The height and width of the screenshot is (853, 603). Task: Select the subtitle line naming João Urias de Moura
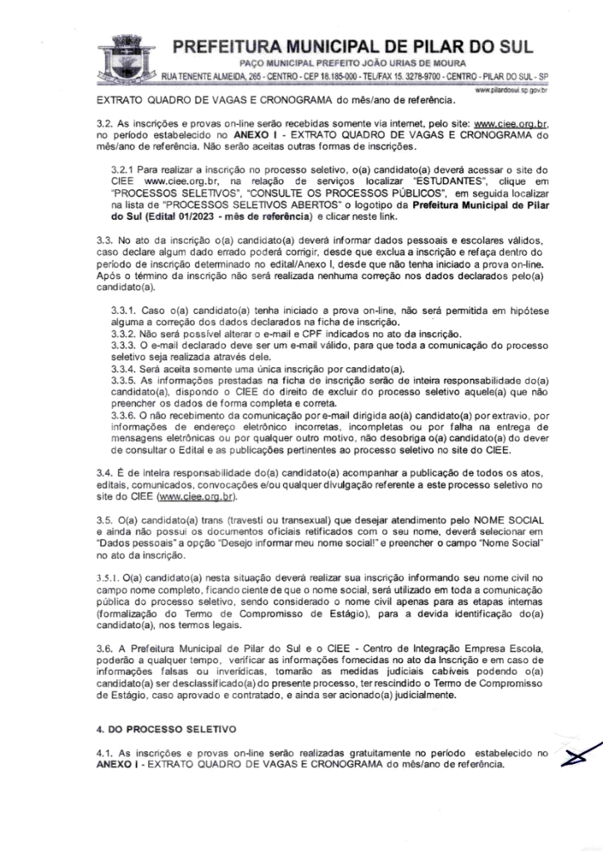352,62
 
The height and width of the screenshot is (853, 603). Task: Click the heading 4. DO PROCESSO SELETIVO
163,730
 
